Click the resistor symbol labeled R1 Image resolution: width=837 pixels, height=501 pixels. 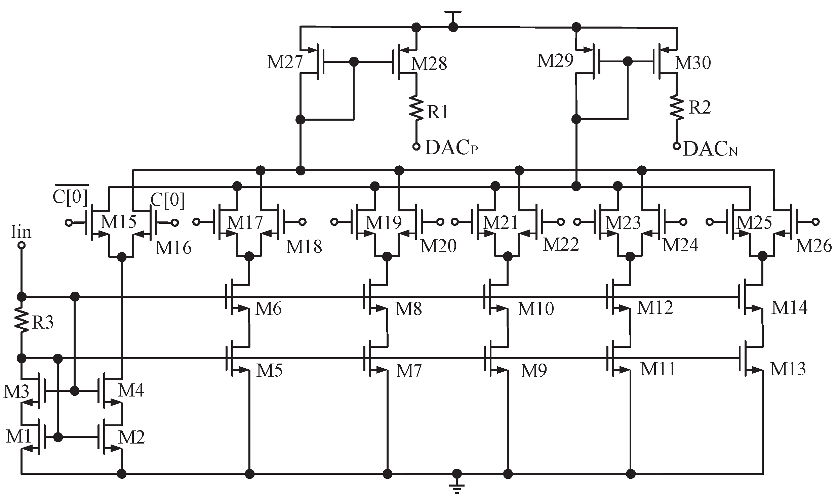(x=416, y=108)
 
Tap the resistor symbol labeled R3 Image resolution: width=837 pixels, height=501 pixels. (x=21, y=321)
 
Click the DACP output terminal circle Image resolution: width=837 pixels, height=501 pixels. (x=416, y=147)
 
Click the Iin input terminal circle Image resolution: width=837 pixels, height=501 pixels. (x=21, y=245)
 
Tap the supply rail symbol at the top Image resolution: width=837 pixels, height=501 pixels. (x=453, y=13)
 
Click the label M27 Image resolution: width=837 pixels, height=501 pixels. (x=285, y=62)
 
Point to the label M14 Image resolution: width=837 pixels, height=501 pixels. (x=789, y=307)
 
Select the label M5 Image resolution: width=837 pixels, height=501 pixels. (x=270, y=370)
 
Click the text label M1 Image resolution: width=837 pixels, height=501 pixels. (x=18, y=436)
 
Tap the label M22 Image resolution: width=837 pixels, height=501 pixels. (x=561, y=244)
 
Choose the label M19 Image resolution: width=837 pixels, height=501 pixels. (x=384, y=223)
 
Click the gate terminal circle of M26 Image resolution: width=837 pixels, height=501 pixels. (x=816, y=222)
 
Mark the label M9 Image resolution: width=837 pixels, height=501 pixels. (x=533, y=371)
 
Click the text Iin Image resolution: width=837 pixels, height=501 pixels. (x=21, y=232)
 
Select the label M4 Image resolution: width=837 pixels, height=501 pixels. (x=131, y=390)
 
